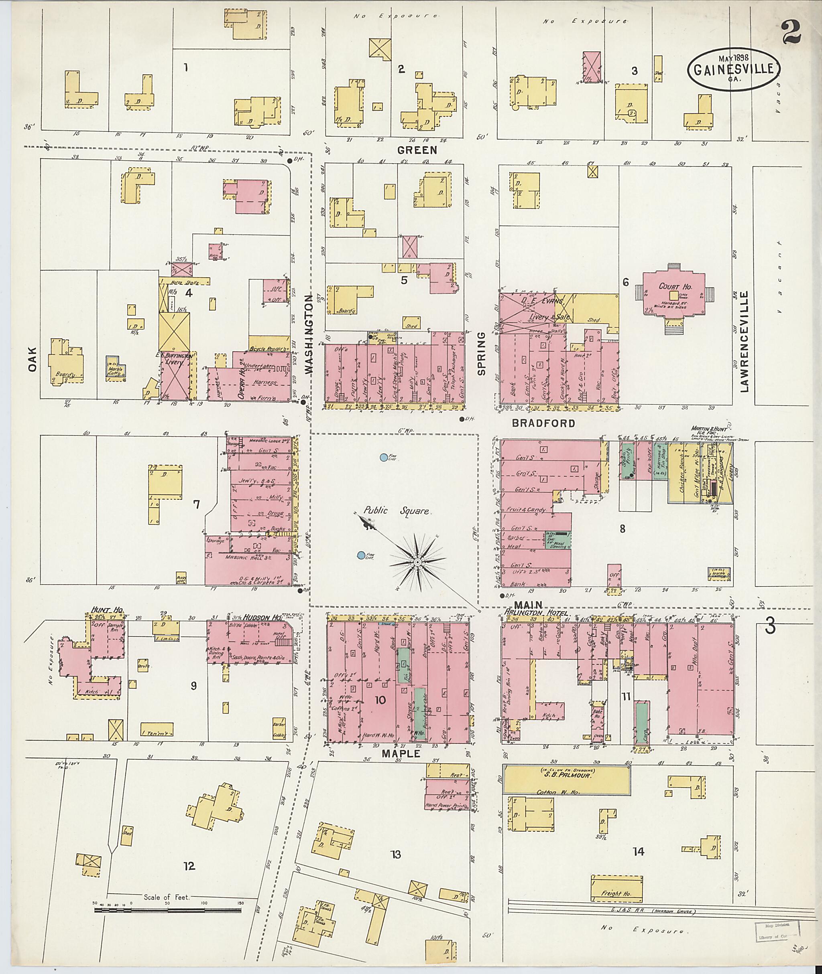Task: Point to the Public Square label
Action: coord(397,510)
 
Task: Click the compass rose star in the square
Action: coord(417,563)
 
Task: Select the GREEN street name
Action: coord(417,150)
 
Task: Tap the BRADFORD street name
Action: coord(543,423)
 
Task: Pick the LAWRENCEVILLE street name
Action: coord(744,341)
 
